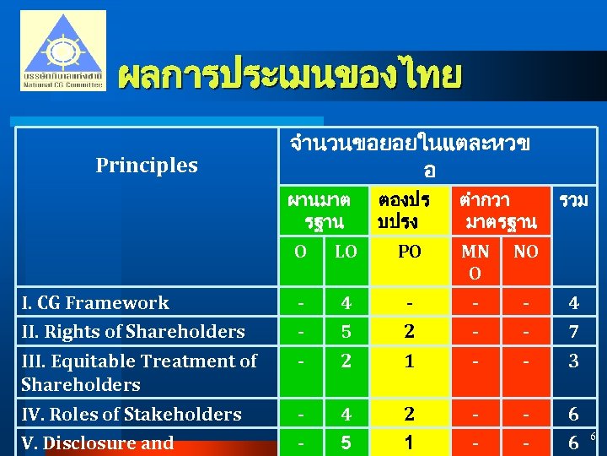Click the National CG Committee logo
coord(63,51)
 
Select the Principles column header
coord(147,166)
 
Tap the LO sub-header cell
coord(345,252)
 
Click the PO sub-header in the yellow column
coord(409,252)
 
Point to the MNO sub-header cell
coord(475,262)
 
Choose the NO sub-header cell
coord(526,252)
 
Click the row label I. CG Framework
coord(95,303)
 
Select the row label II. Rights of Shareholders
coord(133,332)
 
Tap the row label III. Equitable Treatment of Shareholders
coord(139,372)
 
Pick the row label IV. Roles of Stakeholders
coord(132,415)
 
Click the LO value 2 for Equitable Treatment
coord(345,361)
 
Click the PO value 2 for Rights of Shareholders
coord(409,332)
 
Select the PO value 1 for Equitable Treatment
coord(409,361)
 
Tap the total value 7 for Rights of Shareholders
coord(573,332)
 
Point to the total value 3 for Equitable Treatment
coord(573,361)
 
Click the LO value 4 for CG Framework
coord(345,303)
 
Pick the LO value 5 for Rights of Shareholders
coord(345,332)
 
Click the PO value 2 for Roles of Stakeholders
coord(409,415)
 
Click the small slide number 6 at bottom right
coord(593,437)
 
